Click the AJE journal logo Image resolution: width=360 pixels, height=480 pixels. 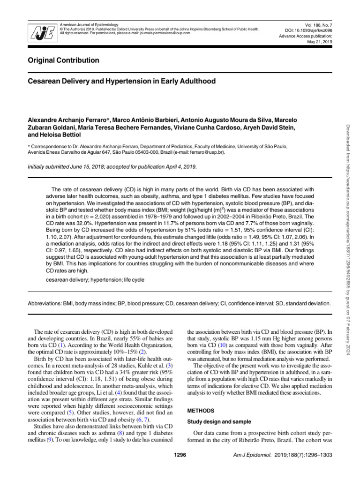(x=41, y=32)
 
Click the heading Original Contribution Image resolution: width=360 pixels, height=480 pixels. (x=64, y=60)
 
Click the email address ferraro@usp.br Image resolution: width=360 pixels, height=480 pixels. (x=208, y=152)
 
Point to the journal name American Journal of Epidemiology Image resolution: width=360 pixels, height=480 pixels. (x=89, y=24)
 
